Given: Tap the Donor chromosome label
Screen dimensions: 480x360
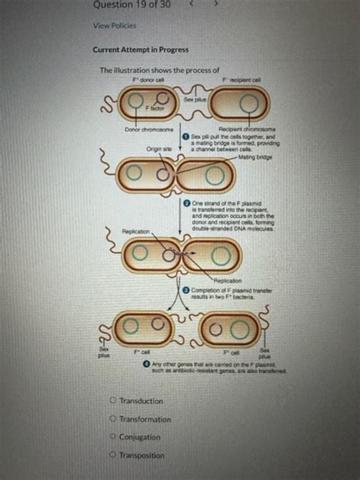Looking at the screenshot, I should [x=150, y=131].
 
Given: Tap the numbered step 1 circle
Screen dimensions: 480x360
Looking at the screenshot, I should [x=196, y=136].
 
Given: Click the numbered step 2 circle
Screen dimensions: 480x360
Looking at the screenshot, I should [x=187, y=204].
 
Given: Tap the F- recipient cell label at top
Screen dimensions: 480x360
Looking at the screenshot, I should [x=242, y=81].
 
